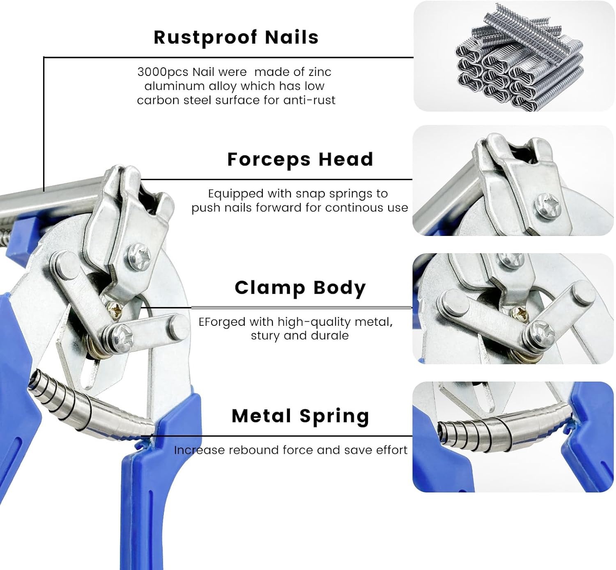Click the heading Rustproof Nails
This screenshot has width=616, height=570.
(236, 38)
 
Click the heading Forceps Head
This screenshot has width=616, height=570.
(300, 159)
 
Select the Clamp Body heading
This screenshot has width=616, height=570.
(300, 288)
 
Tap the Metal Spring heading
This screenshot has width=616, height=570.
(300, 416)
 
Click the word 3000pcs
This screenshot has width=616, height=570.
(163, 72)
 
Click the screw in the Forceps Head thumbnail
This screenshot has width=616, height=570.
(547, 206)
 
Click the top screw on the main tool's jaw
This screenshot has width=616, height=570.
(140, 257)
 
